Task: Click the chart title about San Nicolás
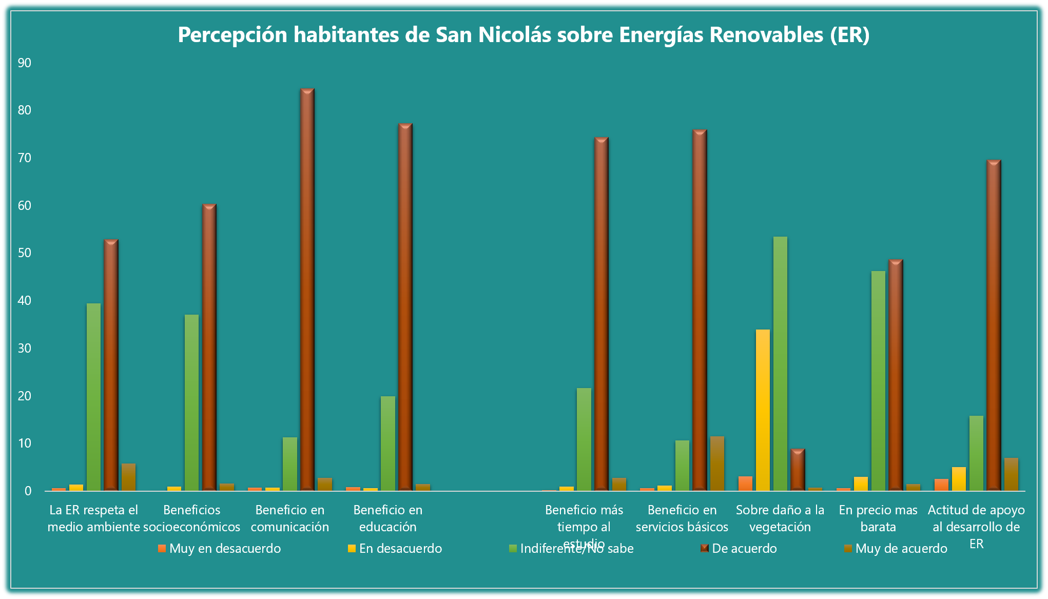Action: (523, 35)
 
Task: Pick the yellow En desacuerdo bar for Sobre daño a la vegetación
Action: (763, 410)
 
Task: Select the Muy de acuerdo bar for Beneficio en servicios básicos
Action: (717, 463)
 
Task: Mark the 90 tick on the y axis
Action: (25, 63)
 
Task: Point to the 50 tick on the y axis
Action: (25, 253)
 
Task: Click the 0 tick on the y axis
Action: (28, 491)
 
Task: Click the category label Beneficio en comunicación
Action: (290, 518)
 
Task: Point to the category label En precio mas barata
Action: (878, 518)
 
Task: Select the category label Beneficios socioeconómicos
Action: (192, 518)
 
